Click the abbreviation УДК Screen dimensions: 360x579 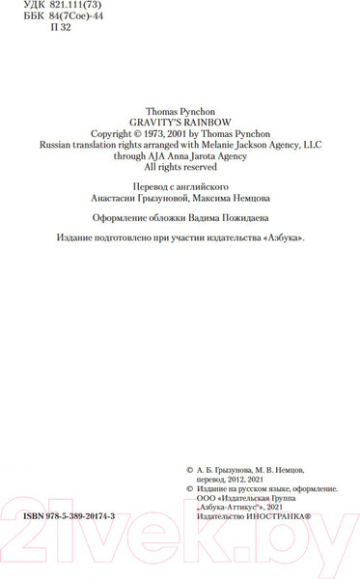(x=33, y=8)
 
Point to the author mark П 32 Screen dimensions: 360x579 (x=60, y=31)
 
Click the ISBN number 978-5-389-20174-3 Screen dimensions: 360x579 (x=84, y=517)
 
